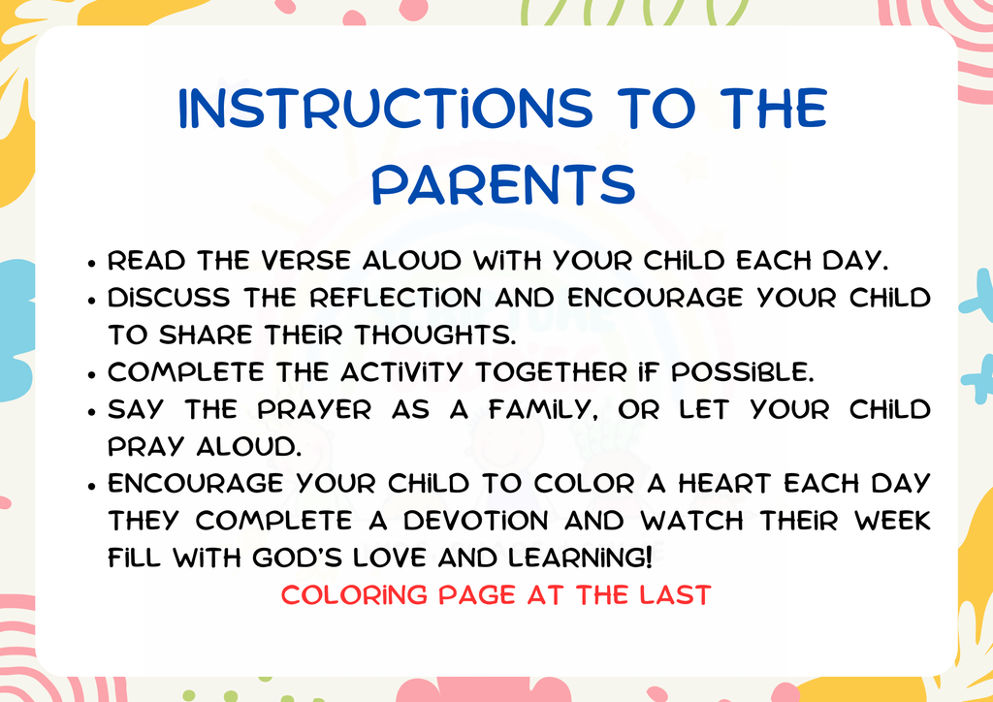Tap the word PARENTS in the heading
[503, 184]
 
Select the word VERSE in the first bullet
[313, 262]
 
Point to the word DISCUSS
[169, 299]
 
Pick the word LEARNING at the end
[593, 558]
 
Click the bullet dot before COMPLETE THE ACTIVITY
[90, 373]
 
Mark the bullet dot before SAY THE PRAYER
[90, 411]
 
